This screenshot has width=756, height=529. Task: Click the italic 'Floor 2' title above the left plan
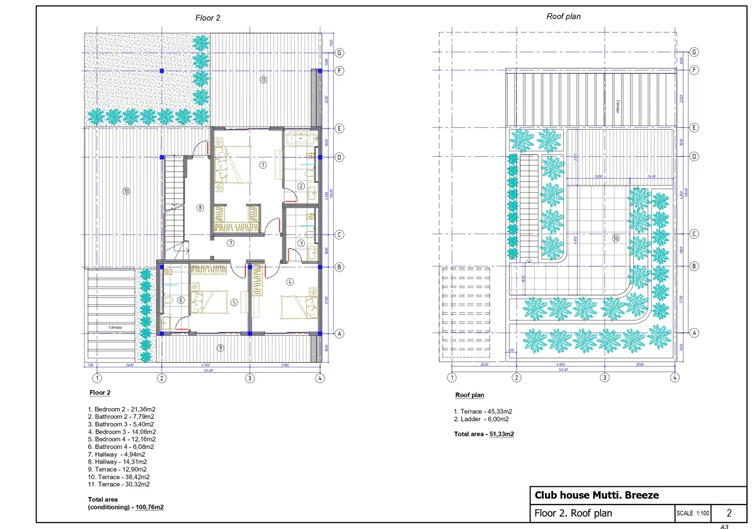tap(208, 18)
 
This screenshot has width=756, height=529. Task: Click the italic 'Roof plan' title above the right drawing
tap(563, 17)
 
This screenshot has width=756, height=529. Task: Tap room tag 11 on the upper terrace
tap(263, 80)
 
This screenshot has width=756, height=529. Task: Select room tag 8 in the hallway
tap(200, 207)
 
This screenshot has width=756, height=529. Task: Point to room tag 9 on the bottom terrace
tap(220, 348)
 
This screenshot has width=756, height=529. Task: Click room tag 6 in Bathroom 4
tap(180, 300)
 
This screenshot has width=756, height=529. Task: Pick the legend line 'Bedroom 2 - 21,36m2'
tap(121, 409)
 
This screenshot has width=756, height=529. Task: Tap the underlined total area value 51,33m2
tap(501, 434)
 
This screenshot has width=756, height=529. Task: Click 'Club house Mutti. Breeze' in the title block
tap(596, 495)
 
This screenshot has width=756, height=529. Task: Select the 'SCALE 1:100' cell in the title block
tap(694, 513)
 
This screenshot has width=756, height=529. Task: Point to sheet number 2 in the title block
tap(729, 513)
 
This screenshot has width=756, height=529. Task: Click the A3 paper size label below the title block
tap(724, 526)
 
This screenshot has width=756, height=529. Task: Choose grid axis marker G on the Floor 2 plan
tap(339, 53)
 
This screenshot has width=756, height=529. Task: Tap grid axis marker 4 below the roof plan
tap(675, 378)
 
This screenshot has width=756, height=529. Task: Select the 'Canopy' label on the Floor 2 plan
tap(115, 327)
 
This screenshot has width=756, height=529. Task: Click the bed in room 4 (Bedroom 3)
tap(299, 308)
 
